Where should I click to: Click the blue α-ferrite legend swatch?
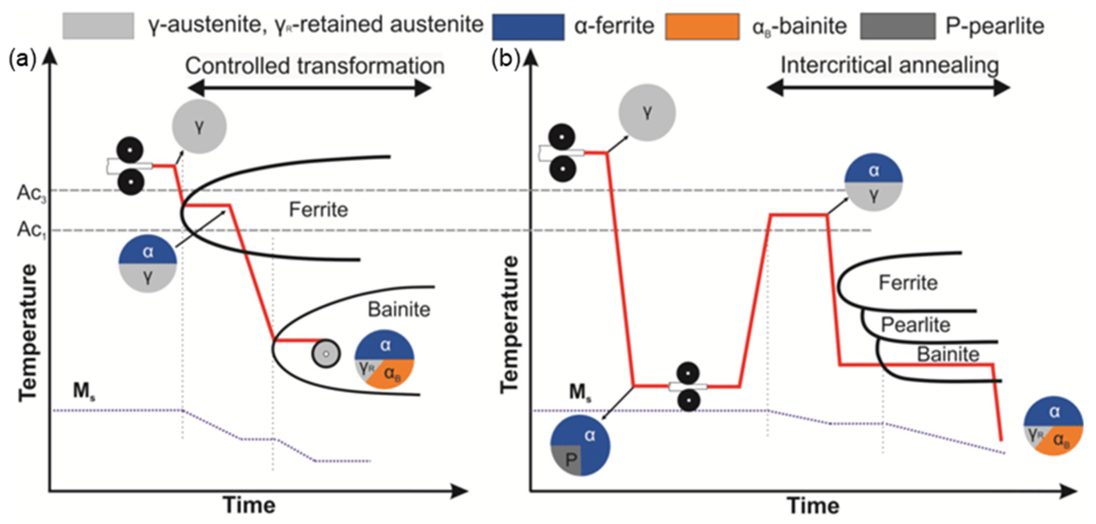click(528, 27)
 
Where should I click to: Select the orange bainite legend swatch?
click(702, 27)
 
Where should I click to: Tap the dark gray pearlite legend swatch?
click(897, 26)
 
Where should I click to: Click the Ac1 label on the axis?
click(31, 230)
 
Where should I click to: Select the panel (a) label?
click(22, 60)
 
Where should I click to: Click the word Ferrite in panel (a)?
click(318, 210)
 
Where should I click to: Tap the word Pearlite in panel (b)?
click(915, 325)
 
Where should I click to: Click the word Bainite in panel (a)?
click(399, 309)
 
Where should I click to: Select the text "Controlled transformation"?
click(315, 66)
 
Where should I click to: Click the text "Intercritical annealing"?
click(890, 66)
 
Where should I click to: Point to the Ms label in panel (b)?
click(580, 392)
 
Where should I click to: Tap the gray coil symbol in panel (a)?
click(326, 354)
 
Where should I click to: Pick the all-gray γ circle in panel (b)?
click(647, 112)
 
